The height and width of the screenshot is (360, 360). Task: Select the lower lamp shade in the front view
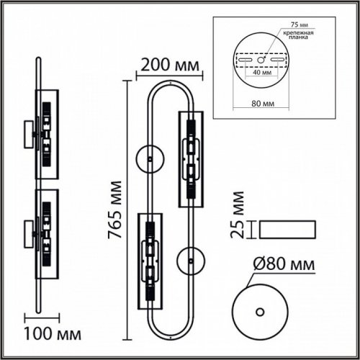pyautogui.click(x=149, y=259)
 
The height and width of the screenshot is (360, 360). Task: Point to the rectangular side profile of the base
pyautogui.click(x=286, y=229)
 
